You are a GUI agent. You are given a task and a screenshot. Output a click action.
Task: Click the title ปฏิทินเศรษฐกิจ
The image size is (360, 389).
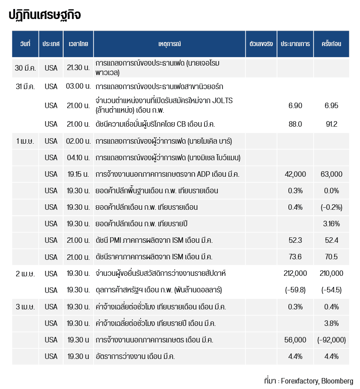45,16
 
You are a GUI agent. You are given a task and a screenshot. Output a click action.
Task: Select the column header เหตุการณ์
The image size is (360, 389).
169,44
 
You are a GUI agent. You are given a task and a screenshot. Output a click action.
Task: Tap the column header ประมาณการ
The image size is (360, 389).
295,44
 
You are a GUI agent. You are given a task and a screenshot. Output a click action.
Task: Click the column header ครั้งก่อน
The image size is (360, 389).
331,44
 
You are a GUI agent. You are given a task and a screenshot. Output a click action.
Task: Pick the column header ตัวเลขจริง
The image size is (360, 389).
261,44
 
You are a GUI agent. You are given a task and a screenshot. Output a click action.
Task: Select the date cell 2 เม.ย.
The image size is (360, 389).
25,273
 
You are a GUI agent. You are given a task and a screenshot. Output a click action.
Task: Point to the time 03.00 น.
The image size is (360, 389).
78,87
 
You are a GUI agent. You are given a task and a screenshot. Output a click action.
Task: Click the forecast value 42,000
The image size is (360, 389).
295,174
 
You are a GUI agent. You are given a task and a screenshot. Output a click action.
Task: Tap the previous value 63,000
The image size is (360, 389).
331,174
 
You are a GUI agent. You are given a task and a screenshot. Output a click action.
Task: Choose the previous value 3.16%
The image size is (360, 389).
331,224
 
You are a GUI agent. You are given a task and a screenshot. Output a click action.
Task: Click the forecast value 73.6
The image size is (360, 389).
295,257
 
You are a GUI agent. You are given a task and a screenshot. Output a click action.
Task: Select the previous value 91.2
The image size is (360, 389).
331,124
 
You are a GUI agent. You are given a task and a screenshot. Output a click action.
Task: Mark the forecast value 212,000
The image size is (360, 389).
295,273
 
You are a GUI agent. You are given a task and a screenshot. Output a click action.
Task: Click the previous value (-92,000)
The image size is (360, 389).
331,340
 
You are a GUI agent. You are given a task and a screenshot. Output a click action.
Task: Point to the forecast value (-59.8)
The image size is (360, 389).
295,290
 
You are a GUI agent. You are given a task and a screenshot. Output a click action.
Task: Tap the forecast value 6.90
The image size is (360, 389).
295,106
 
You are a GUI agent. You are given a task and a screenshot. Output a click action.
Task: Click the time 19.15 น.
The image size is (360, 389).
78,174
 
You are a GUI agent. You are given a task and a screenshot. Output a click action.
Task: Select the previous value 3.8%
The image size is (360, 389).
331,323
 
